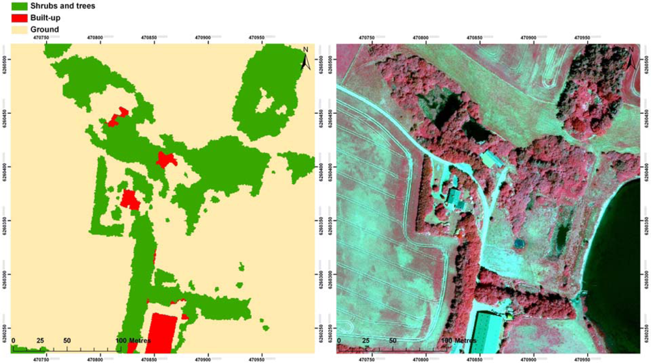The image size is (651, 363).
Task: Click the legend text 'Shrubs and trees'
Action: (x=68, y=6)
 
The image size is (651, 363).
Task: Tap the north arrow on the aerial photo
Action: (x=631, y=59)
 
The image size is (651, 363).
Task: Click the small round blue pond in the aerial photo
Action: (x=518, y=243)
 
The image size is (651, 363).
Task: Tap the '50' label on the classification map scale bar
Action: (x=67, y=340)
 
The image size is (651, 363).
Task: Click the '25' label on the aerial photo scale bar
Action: (x=365, y=340)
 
